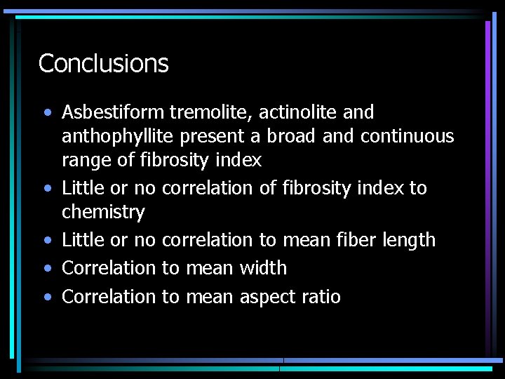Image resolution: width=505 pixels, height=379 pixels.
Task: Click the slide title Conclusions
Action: coord(104,64)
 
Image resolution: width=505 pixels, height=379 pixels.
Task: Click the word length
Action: coord(408,240)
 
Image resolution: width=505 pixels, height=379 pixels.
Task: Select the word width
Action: coord(263,268)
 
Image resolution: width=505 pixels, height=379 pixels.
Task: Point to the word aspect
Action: coord(267,298)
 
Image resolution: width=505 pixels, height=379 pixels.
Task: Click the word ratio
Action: coord(321,297)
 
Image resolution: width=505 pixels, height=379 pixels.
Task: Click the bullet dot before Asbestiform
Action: coord(46,113)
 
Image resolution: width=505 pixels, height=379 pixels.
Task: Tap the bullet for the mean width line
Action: coord(46,269)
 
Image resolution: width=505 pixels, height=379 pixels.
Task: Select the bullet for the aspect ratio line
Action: coord(46,298)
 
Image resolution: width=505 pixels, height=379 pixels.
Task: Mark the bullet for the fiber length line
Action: coord(46,241)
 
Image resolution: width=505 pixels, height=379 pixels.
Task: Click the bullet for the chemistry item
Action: coord(46,189)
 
